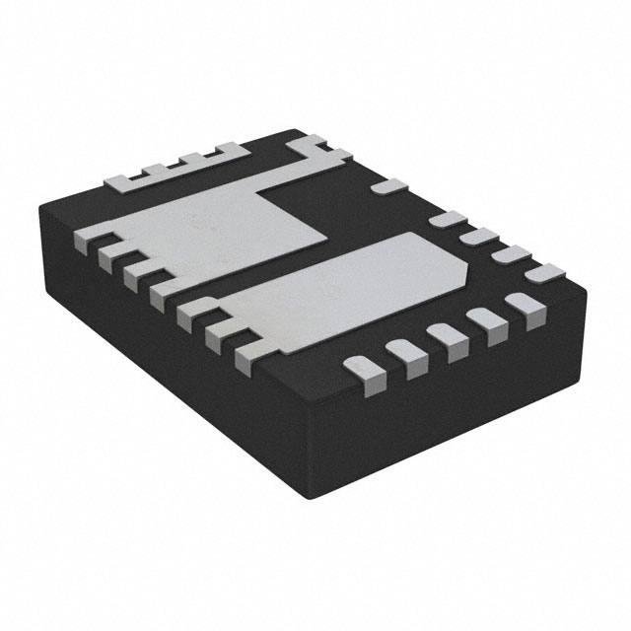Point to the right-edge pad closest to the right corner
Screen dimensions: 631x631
[x=540, y=272]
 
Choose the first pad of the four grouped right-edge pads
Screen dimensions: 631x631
[x=450, y=219]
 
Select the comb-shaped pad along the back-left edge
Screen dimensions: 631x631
[x=177, y=170]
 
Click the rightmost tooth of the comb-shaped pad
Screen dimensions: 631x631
[x=230, y=149]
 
